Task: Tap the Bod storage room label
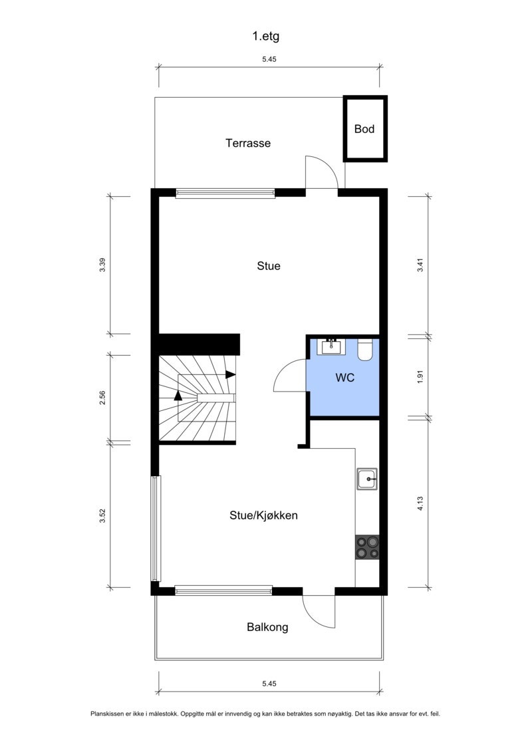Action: (364, 129)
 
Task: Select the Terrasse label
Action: (248, 143)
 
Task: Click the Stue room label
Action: (269, 266)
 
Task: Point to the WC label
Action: (344, 378)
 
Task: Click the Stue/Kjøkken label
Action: (263, 515)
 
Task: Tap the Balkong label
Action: (267, 626)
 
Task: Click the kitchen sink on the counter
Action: (367, 479)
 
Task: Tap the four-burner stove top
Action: (367, 547)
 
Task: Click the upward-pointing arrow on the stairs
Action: (178, 394)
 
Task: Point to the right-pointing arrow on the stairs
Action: (230, 374)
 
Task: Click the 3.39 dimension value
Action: (102, 265)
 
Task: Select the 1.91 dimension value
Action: (420, 377)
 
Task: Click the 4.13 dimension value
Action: (420, 503)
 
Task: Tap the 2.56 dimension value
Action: (102, 398)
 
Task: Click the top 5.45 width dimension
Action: (269, 59)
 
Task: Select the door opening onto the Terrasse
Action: (321, 173)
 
